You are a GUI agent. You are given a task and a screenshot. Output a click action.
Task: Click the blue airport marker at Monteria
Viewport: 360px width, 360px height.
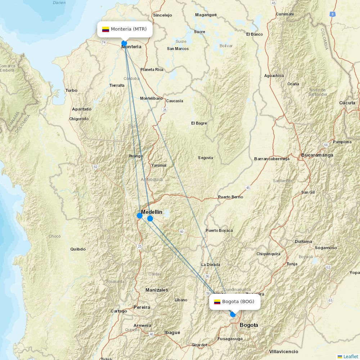pos(124,43)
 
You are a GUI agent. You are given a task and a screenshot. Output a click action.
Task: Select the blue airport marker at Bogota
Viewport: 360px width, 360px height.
pos(233,314)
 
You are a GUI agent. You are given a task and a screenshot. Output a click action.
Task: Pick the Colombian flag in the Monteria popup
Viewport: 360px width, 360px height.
pos(105,30)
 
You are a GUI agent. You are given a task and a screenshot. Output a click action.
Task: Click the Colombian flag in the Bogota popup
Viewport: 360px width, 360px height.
pos(217,302)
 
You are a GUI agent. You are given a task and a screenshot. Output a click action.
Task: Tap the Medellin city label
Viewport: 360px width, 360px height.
pos(152,212)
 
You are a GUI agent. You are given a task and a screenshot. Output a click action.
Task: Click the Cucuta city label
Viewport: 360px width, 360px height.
pos(347,103)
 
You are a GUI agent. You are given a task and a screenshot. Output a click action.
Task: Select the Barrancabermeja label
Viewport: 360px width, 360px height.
pos(271,159)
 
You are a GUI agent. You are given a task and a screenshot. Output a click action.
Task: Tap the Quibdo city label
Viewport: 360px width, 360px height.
pos(78,249)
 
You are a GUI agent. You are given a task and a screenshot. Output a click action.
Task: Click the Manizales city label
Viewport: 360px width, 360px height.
pos(157,290)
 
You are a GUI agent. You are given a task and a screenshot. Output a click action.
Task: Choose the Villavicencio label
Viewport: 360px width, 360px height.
pos(283,351)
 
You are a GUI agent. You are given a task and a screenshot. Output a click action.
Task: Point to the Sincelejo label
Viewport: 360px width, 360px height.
pos(162,15)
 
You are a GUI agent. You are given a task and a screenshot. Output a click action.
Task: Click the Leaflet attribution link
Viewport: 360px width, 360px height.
pos(350,356)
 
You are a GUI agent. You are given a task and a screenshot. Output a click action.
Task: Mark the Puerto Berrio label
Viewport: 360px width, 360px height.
pos(230,197)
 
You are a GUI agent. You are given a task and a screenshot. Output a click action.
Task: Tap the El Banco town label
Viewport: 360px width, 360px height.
pos(255,34)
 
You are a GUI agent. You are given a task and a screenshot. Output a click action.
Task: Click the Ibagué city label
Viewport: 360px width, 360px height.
pos(172,333)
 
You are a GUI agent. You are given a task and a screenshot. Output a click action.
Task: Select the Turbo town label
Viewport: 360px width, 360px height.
pos(71,90)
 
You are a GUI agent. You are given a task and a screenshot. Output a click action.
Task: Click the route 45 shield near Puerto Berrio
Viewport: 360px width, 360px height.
pos(248,188)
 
